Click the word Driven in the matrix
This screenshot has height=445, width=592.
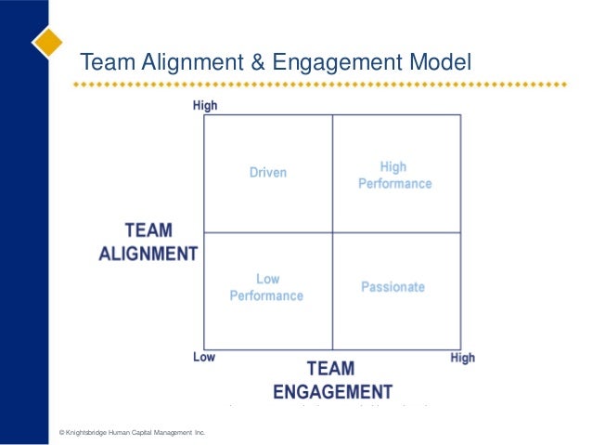pos(268,172)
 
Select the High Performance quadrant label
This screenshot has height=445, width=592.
pos(394,176)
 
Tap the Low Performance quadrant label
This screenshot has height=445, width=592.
pos(266,287)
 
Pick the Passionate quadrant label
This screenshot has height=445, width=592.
pos(393,287)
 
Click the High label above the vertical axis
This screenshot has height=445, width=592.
pos(205,106)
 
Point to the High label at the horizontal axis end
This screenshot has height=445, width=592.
pos(462,358)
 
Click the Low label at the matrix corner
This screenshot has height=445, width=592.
pos(204,357)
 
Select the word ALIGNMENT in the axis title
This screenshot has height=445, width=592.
pos(148,253)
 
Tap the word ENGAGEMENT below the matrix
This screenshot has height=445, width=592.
pos(331,391)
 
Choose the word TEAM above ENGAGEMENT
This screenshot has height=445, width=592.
pos(330,369)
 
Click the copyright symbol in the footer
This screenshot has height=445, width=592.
pos(61,433)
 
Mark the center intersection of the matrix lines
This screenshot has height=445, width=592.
pos(332,232)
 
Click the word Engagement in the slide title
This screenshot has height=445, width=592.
pos(332,62)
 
